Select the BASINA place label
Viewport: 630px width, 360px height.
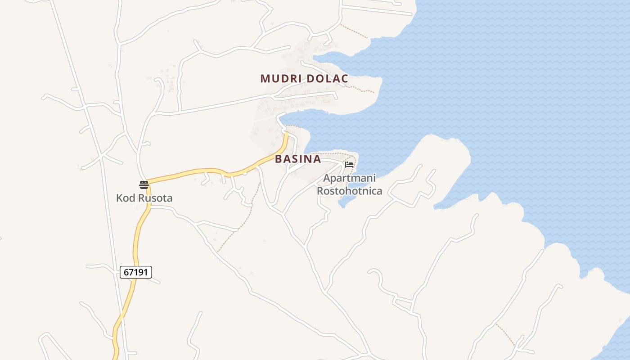point(298,159)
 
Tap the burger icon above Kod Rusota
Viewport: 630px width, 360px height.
point(144,184)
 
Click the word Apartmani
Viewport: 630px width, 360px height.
point(349,179)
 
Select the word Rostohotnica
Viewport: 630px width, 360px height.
point(349,191)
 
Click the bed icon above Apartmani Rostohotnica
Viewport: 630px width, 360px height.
point(349,165)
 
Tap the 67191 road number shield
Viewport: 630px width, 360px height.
point(136,272)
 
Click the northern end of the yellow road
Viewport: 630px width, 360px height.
point(286,133)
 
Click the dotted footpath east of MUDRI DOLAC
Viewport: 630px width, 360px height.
point(362,88)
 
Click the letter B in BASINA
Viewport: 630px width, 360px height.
point(279,159)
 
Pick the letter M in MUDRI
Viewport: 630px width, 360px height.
point(265,79)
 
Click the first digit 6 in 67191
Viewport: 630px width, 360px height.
point(126,272)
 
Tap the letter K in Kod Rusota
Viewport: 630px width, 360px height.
point(119,198)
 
